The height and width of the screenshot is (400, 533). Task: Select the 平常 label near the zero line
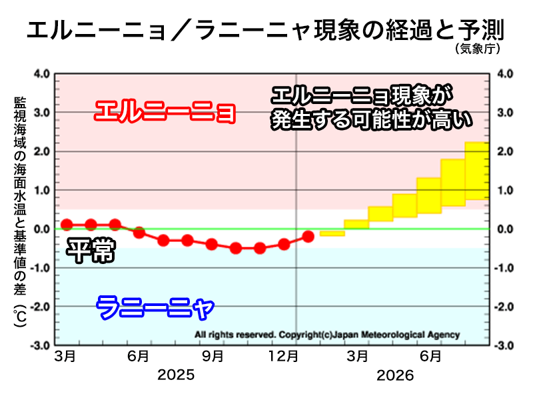(x=91, y=253)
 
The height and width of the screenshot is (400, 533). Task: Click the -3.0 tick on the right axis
(x=505, y=346)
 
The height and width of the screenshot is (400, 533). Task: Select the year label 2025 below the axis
(x=176, y=375)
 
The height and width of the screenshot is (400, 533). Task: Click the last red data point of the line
(x=308, y=236)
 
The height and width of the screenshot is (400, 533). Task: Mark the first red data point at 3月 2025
(x=67, y=225)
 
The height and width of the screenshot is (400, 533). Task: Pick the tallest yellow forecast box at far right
(x=476, y=171)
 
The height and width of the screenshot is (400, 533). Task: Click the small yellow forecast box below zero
(x=332, y=233)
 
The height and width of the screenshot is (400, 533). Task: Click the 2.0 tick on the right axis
(x=505, y=151)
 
